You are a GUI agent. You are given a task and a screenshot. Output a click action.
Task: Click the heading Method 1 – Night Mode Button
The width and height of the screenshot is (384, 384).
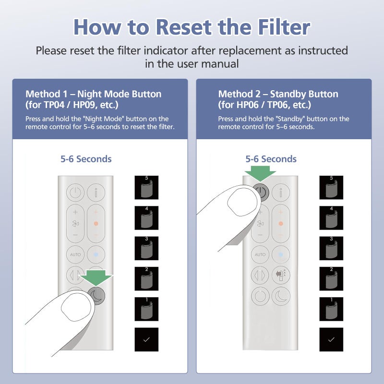93,94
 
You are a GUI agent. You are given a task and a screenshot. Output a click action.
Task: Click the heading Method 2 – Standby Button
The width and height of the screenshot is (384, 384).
278,94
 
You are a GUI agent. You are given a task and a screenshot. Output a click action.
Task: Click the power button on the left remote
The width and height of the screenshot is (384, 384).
75,194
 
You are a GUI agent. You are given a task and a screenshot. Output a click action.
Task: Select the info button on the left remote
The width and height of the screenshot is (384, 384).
96,194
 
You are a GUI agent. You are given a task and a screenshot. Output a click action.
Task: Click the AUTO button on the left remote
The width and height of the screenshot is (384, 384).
75,254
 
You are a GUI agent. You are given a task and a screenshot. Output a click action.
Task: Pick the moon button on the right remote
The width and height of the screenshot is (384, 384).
280,296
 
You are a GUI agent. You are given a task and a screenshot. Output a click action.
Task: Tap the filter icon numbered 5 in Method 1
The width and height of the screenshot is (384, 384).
146,188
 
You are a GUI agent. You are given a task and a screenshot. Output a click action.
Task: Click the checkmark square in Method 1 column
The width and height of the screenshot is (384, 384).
146,339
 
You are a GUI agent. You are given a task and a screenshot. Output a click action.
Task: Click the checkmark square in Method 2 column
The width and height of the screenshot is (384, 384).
331,339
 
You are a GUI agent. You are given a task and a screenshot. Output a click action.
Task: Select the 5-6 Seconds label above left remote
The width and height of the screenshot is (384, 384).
86,159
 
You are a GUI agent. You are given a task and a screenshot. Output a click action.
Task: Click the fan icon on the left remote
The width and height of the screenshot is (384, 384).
75,224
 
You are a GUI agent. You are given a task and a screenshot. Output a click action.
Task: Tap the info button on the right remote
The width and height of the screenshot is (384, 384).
280,194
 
